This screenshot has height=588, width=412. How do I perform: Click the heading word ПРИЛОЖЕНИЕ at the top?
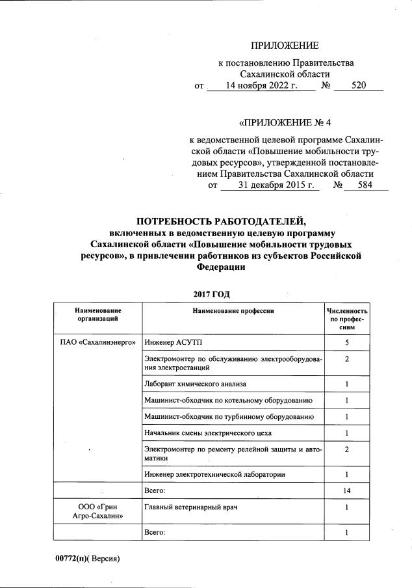click(285, 45)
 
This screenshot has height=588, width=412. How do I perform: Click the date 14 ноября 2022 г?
click(261, 85)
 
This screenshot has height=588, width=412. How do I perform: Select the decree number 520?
click(358, 85)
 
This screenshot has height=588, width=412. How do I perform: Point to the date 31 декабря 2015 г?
click(267, 185)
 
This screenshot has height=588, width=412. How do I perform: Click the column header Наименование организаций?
click(97, 315)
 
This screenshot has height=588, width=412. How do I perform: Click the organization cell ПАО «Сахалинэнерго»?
click(97, 342)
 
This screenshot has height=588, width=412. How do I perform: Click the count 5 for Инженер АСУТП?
click(347, 342)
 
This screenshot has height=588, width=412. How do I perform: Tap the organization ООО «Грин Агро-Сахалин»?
click(97, 511)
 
